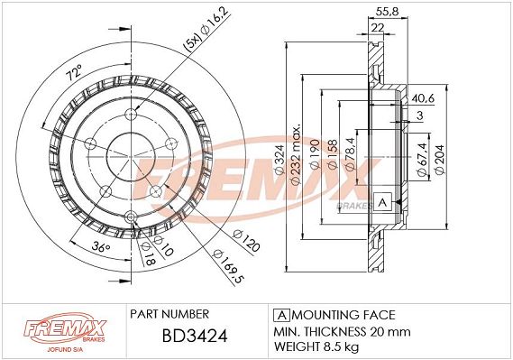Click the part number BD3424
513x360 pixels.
click(x=195, y=336)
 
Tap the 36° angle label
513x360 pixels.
click(x=100, y=247)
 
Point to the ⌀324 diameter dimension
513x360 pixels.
click(x=279, y=160)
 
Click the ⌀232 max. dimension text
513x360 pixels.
click(x=296, y=154)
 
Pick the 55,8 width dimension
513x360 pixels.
click(x=387, y=12)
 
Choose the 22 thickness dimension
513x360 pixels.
click(x=378, y=27)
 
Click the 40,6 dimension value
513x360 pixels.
click(x=423, y=98)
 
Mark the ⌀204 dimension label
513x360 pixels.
click(x=439, y=160)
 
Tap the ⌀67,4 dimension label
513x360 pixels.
click(x=422, y=160)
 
